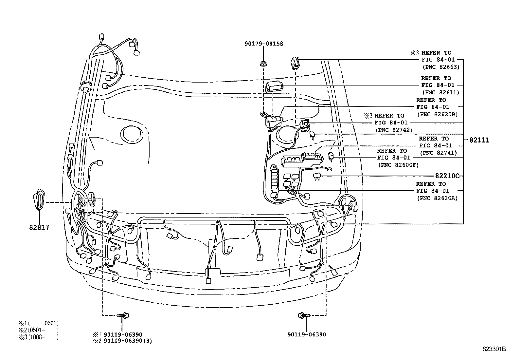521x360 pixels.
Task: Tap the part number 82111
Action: pyautogui.click(x=479, y=140)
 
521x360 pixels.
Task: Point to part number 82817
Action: pyautogui.click(x=39, y=227)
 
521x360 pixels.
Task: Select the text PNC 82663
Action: pyautogui.click(x=441, y=67)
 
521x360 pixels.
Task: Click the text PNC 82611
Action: pyautogui.click(x=441, y=93)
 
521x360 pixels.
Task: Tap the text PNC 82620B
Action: pyautogui.click(x=437, y=114)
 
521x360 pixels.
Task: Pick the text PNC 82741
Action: pyautogui.click(x=438, y=153)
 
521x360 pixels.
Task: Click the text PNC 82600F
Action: pyautogui.click(x=398, y=165)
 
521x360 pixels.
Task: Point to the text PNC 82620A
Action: pyautogui.click(x=437, y=198)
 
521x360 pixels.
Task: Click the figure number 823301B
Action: pyautogui.click(x=494, y=349)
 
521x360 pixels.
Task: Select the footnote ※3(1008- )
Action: pyautogui.click(x=39, y=337)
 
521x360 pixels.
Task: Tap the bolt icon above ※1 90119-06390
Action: pyautogui.click(x=124, y=315)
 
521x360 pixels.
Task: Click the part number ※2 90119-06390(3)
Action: pyautogui.click(x=122, y=341)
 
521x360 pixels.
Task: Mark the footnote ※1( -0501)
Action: pyautogui.click(x=39, y=323)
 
